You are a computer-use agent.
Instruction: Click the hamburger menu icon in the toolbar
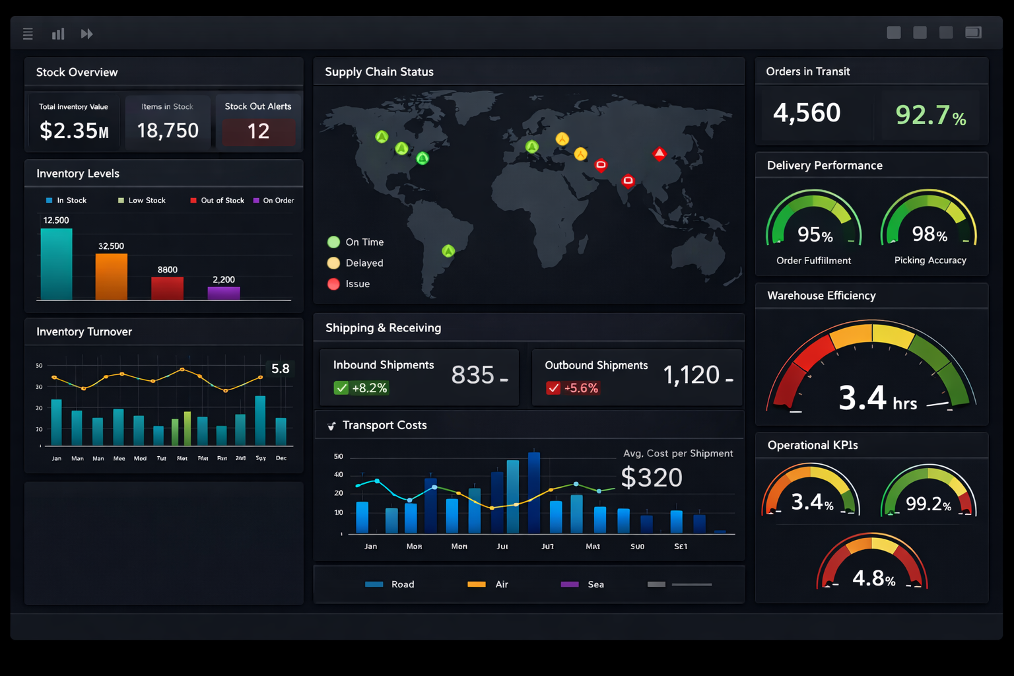28,34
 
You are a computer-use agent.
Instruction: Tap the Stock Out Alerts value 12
258,131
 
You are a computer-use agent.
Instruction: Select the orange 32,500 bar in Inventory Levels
111,277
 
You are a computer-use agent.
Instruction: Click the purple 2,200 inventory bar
224,293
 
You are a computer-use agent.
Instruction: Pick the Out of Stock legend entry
217,201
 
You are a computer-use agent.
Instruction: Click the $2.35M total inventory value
74,131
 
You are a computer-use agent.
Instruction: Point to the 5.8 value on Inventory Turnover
280,368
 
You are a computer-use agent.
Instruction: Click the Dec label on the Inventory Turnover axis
281,458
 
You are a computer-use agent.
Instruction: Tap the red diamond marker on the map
659,154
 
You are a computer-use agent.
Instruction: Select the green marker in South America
448,251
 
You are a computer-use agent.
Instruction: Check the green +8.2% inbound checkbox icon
341,388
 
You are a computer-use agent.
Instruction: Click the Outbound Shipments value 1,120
691,375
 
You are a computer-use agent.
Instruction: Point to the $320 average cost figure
652,477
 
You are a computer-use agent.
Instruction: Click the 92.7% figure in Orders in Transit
930,115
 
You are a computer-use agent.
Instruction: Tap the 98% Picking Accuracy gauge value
929,234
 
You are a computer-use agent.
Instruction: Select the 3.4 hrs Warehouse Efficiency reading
877,399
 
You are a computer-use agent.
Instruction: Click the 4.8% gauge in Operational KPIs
873,578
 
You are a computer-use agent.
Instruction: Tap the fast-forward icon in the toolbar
86,34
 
